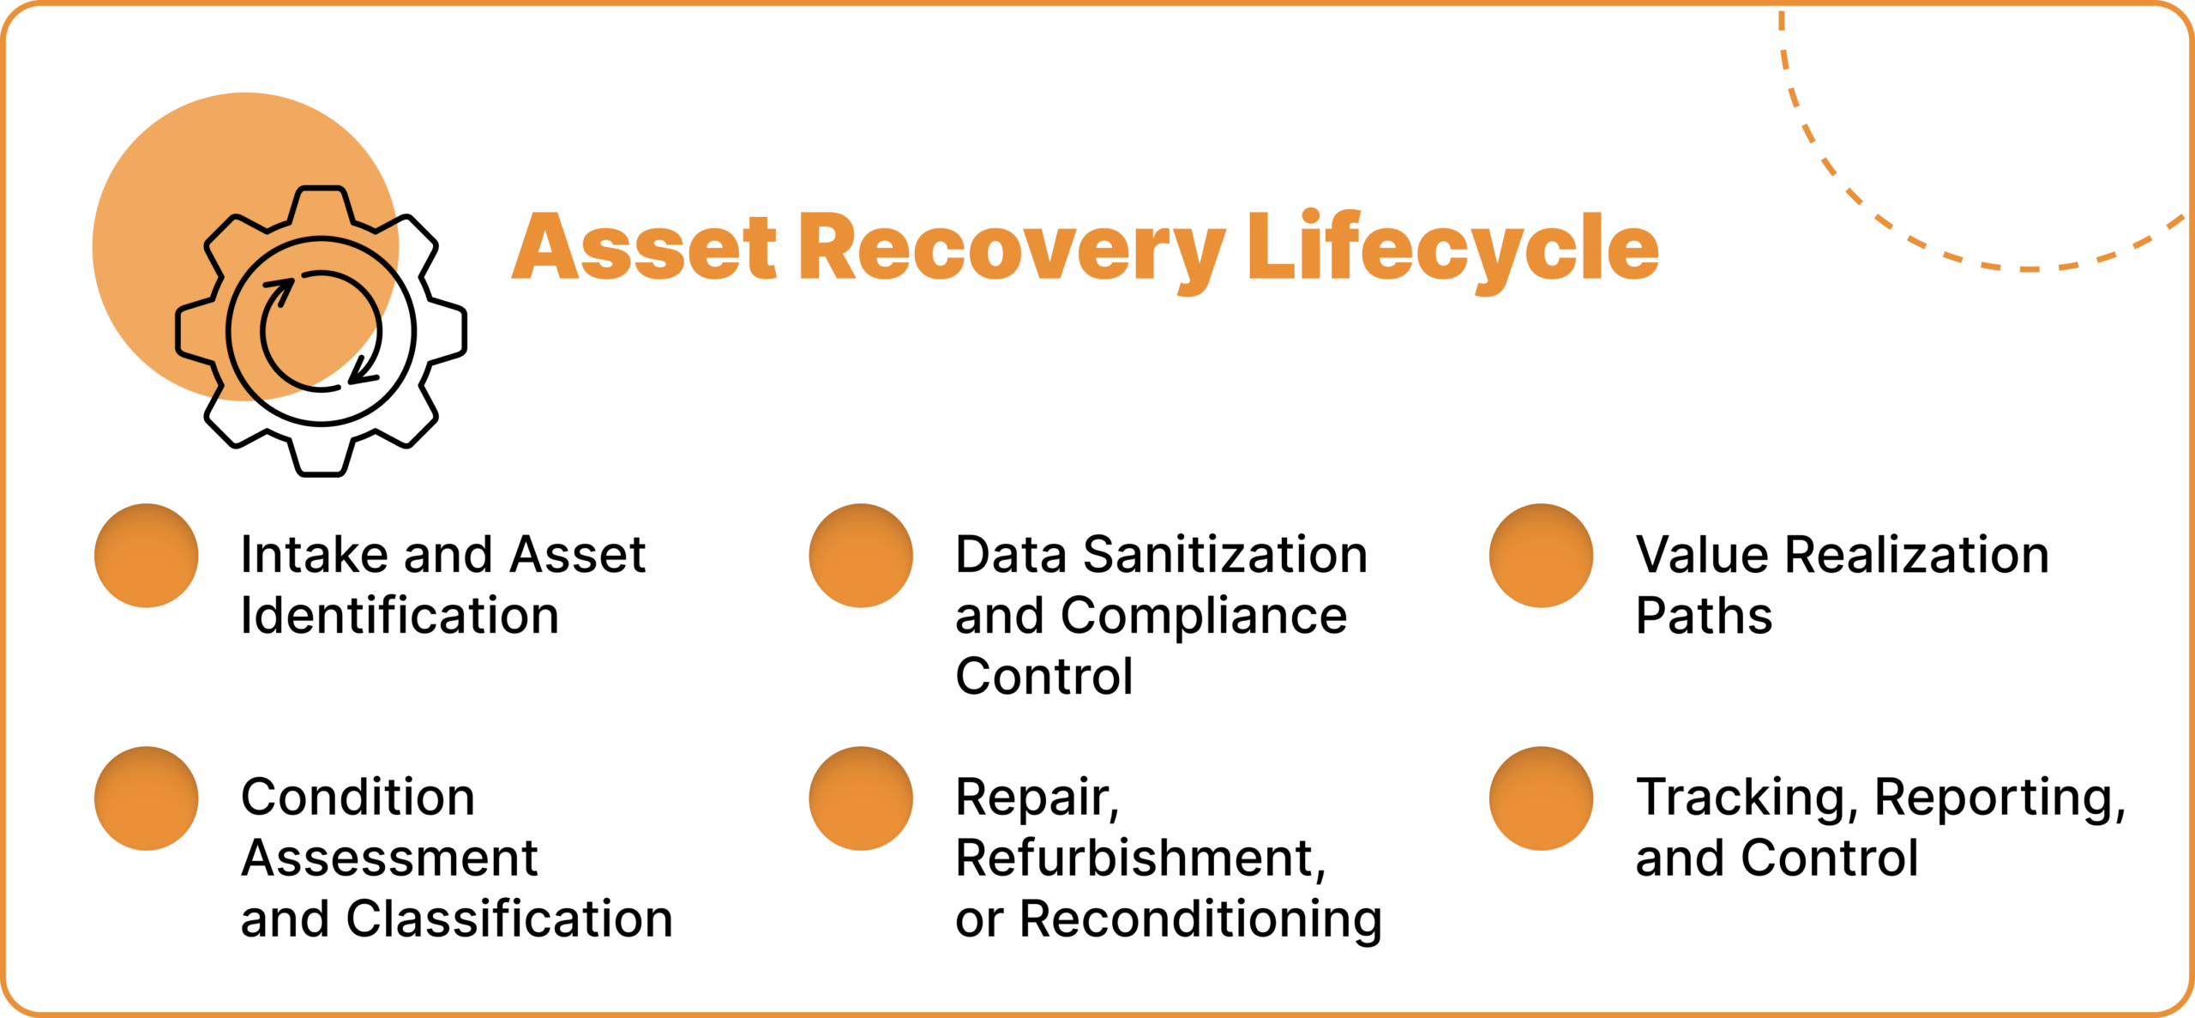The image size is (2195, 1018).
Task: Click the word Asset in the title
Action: (x=645, y=248)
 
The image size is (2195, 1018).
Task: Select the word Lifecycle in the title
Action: (x=1453, y=248)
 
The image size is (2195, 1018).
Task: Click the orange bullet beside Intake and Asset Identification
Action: (x=147, y=556)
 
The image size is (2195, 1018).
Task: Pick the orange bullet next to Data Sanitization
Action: (x=861, y=556)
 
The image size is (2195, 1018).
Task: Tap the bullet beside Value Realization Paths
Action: (x=1541, y=556)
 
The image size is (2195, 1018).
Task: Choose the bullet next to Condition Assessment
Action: (x=147, y=798)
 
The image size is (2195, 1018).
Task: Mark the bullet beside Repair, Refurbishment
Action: (x=861, y=798)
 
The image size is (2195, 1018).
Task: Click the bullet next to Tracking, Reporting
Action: (x=1541, y=798)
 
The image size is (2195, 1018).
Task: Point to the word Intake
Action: (x=315, y=555)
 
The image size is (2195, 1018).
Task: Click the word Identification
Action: (x=400, y=616)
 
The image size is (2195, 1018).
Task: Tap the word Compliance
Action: (x=1203, y=616)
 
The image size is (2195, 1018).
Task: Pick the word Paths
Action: (x=1703, y=616)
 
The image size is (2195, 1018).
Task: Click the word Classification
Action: (x=509, y=919)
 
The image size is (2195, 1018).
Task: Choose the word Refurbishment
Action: (x=1140, y=858)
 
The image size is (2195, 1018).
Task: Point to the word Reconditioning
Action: (x=1200, y=919)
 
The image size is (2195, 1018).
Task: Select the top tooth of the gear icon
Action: (x=321, y=206)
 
